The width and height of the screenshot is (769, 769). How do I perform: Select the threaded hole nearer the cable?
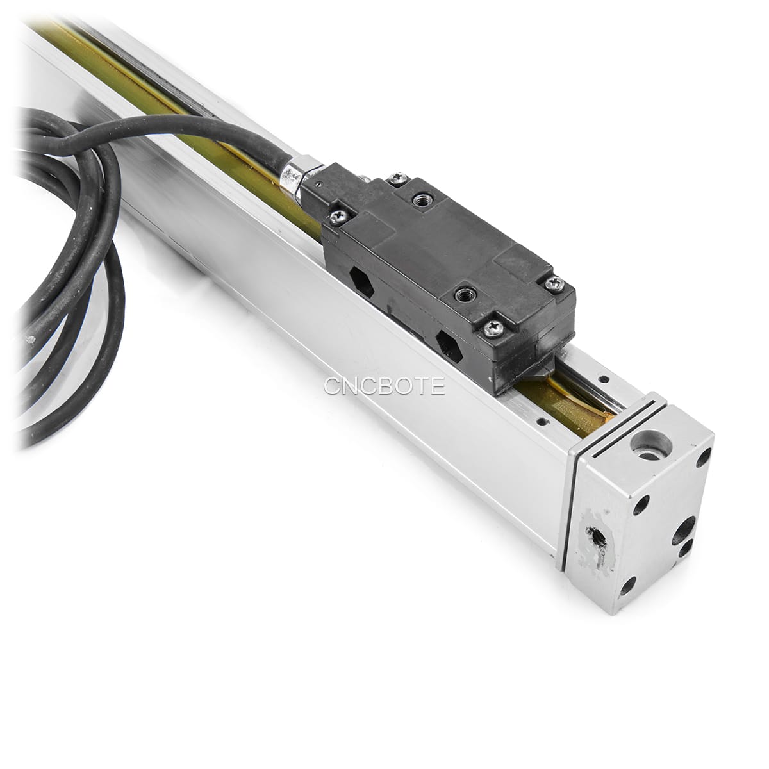tap(420, 199)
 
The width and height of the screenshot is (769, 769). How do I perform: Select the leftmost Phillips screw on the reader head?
tap(336, 215)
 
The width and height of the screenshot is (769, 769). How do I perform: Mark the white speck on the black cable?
tap(28, 340)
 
